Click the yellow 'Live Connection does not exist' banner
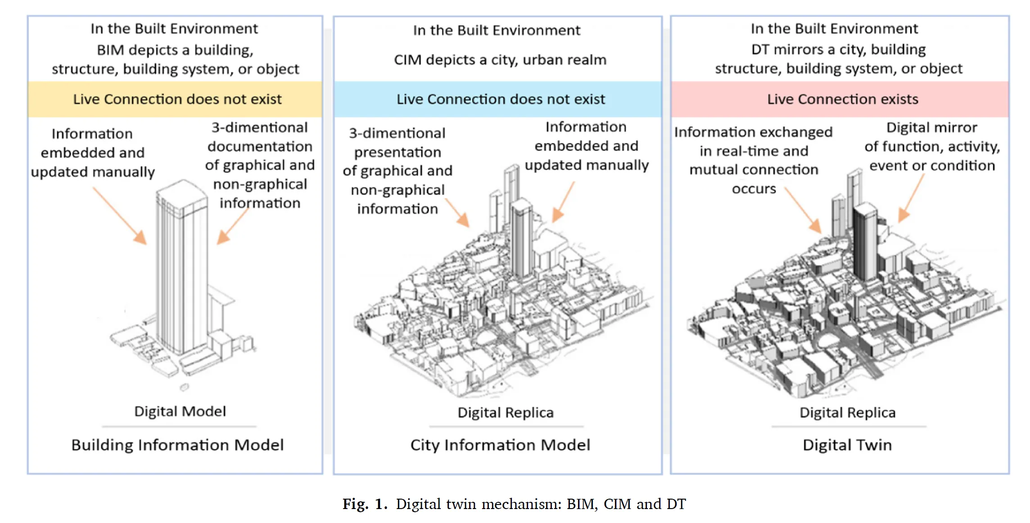tap(177, 99)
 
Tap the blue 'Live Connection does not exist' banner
tap(500, 99)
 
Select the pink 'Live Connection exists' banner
tap(842, 99)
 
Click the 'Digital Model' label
tap(180, 411)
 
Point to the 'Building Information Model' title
tap(177, 445)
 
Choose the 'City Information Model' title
tap(500, 445)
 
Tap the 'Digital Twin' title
tap(847, 445)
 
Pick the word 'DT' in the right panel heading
tap(760, 50)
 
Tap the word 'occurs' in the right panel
tap(754, 189)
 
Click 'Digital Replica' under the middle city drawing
tap(505, 413)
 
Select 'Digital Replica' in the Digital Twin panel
tap(847, 413)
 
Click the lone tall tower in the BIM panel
tap(182, 270)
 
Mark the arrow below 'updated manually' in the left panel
tap(120, 216)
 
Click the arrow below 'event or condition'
tap(911, 198)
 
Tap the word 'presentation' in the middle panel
tap(398, 152)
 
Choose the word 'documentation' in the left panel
tap(260, 147)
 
